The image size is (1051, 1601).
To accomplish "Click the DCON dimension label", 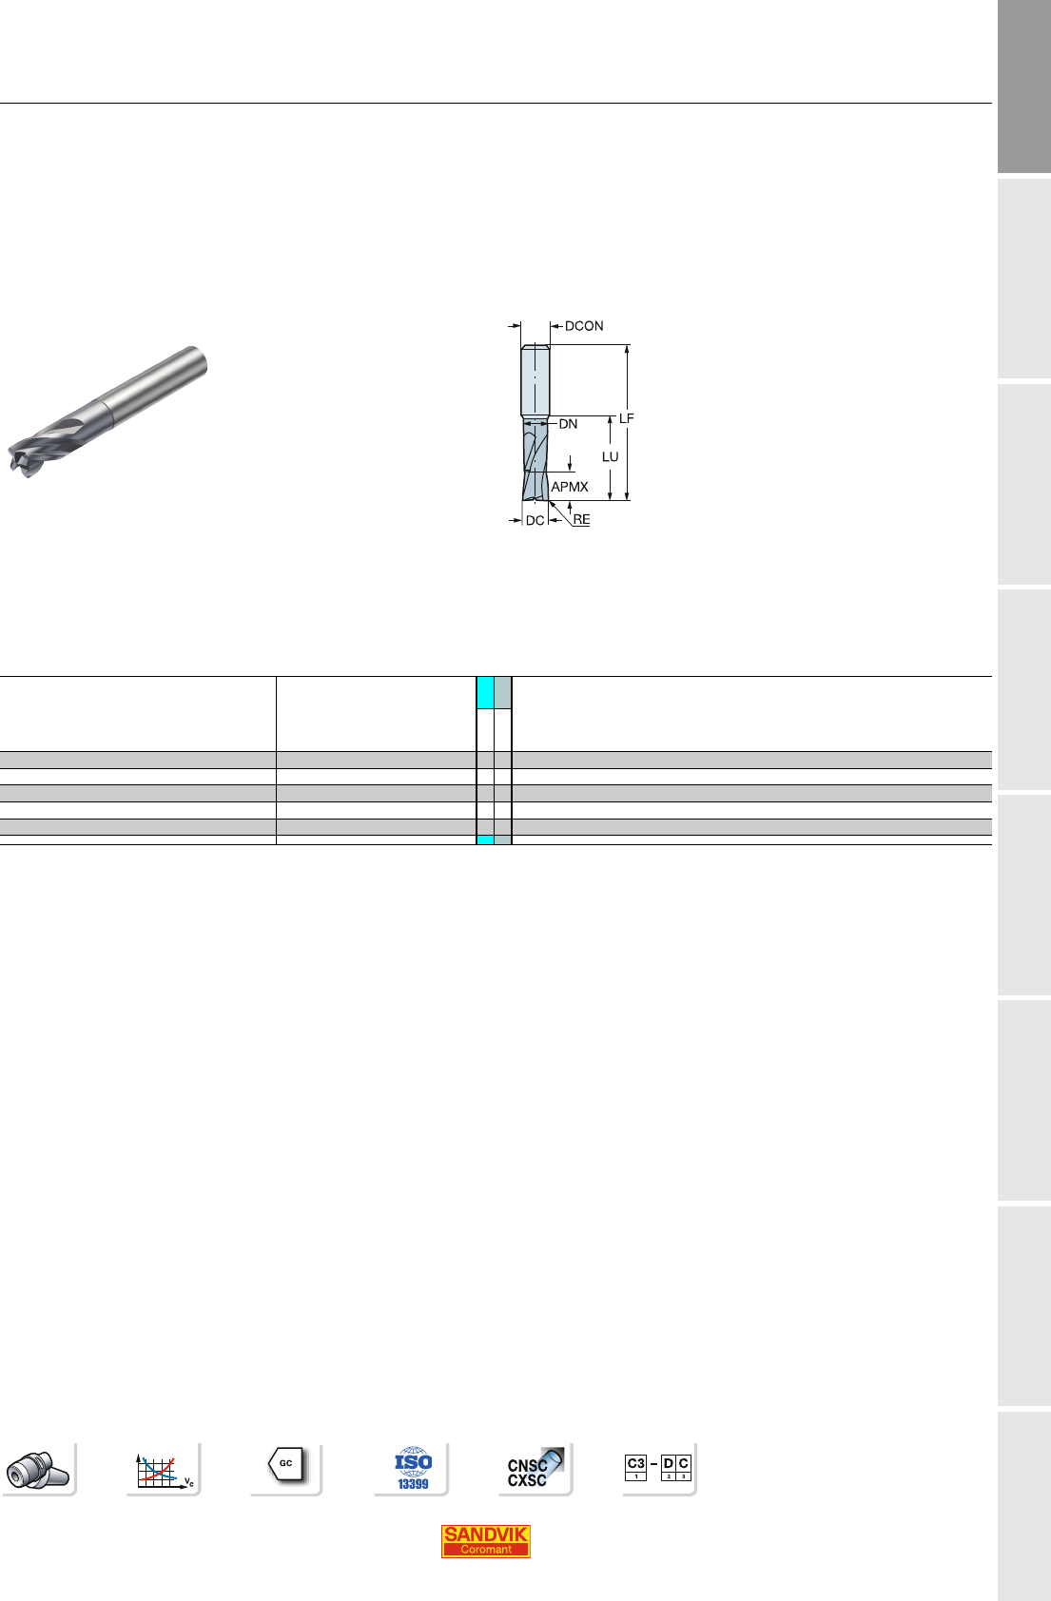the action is point(583,326).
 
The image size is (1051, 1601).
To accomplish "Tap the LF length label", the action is point(626,418).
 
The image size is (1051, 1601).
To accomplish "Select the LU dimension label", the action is point(610,456).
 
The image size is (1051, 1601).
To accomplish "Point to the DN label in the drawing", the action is point(568,424).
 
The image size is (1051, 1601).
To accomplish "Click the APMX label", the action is point(569,487).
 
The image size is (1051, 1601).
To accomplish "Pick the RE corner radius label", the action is point(581,520).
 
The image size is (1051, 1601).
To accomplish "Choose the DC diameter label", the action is point(535,520).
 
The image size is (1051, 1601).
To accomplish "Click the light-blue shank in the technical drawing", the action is point(535,379).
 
